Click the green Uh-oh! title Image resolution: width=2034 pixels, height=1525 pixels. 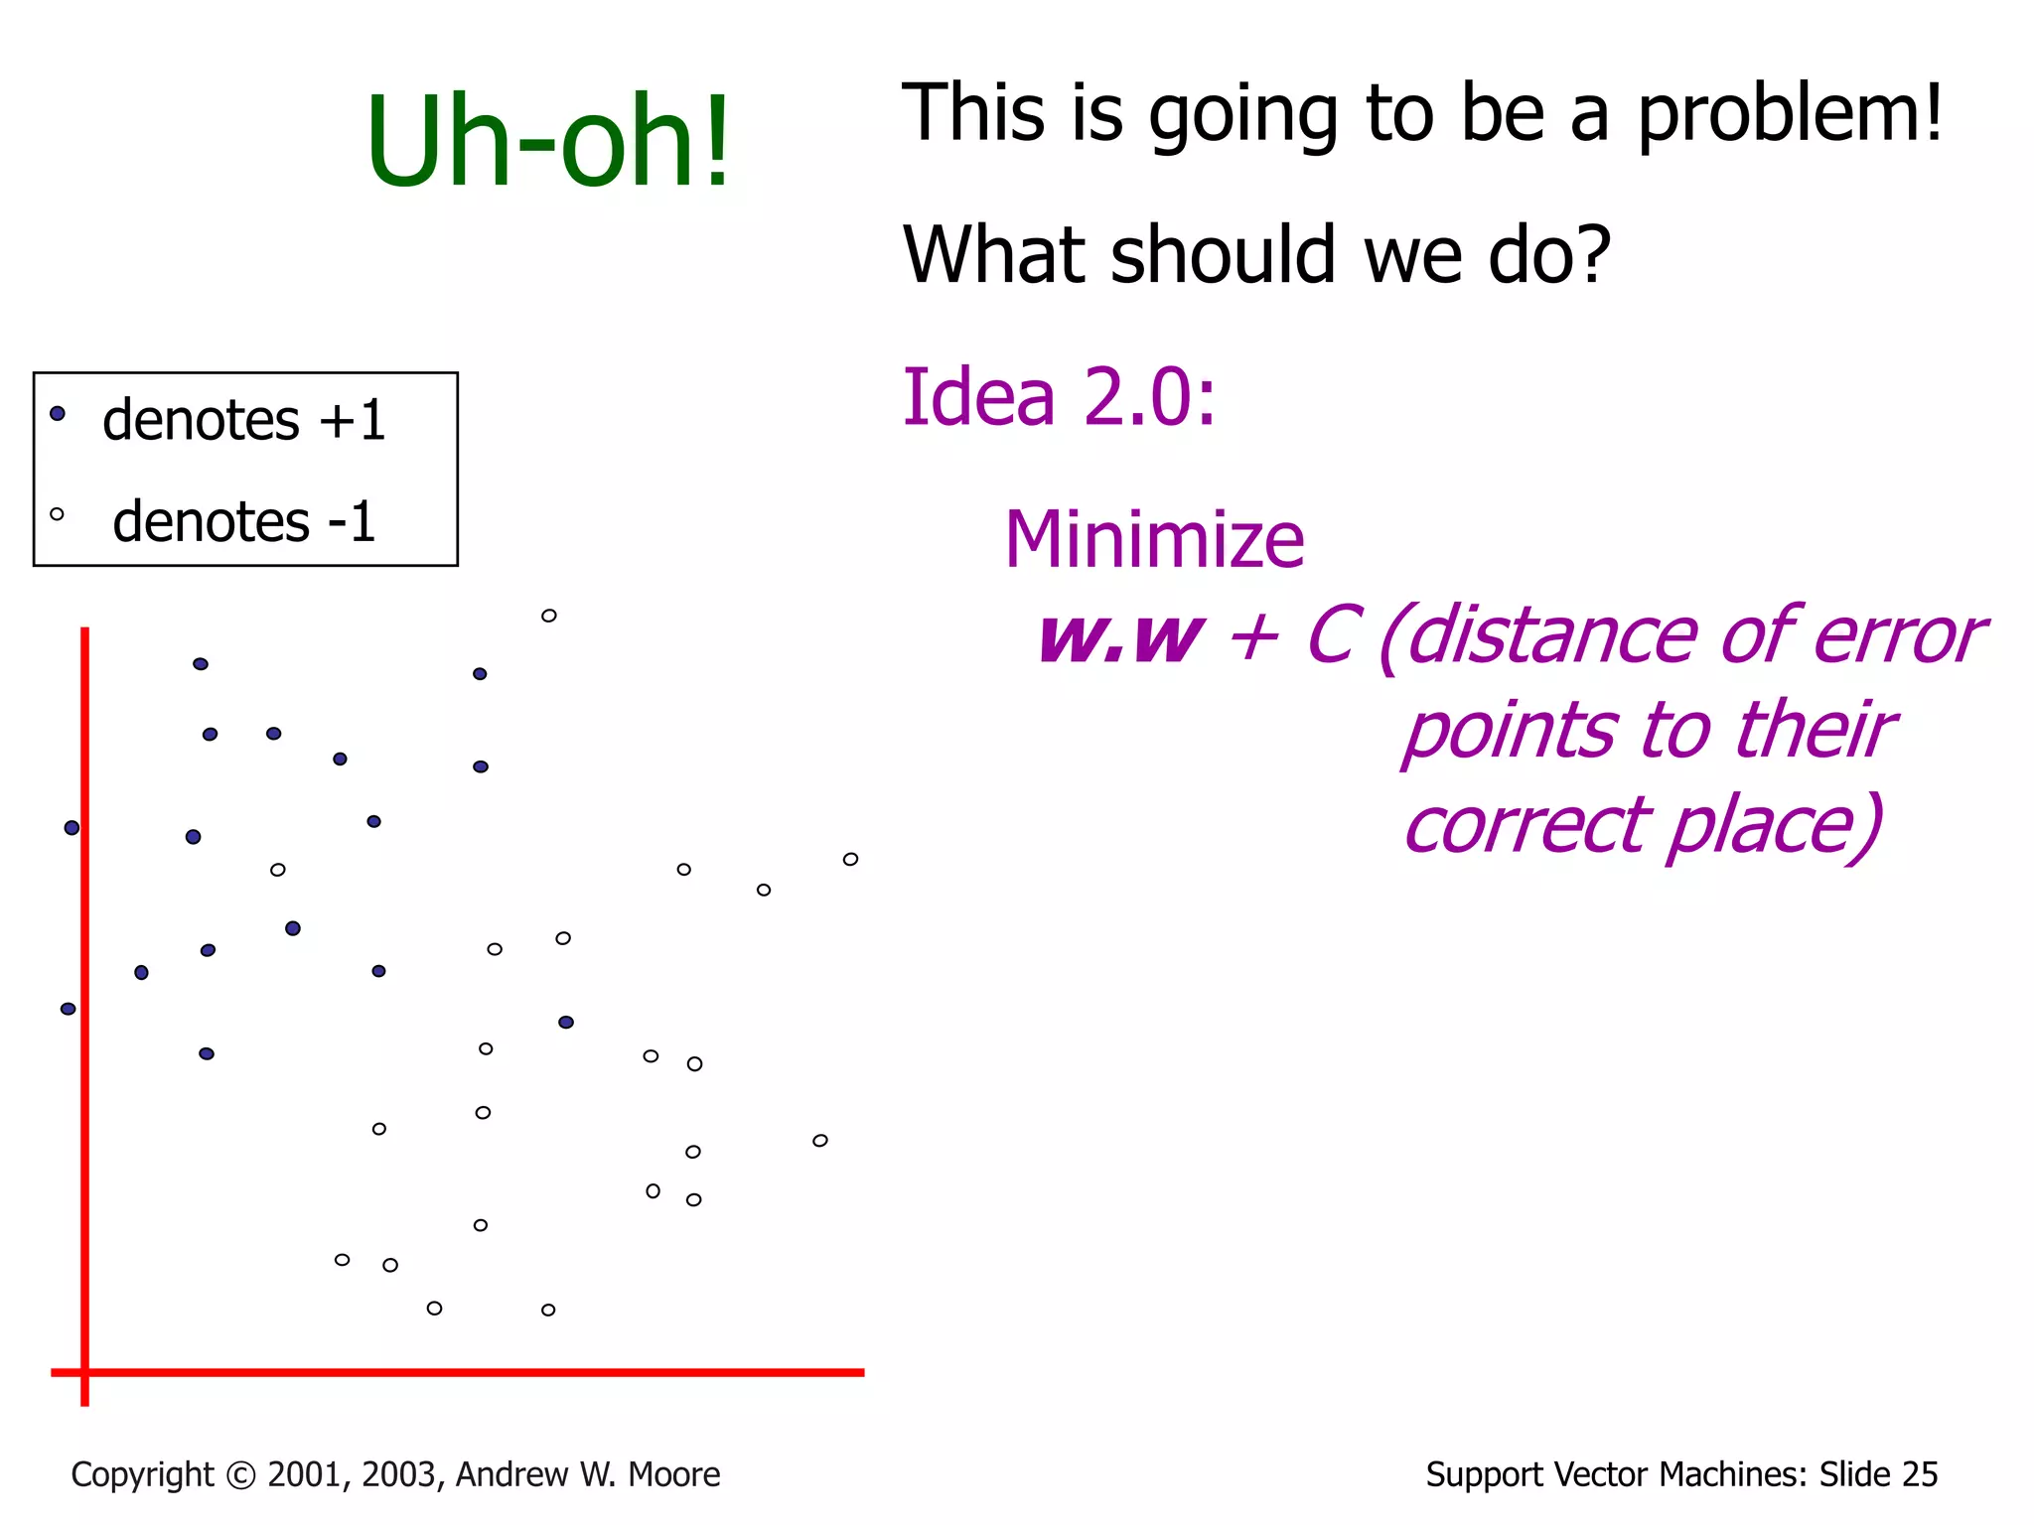click(x=548, y=141)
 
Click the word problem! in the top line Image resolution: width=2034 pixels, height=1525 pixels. click(x=1789, y=113)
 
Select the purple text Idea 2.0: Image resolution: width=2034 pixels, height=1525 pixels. click(x=1059, y=397)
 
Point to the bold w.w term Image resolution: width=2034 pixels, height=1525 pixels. click(x=1119, y=636)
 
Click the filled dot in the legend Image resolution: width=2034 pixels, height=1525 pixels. click(x=58, y=413)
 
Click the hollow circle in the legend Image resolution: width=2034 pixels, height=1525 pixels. click(x=57, y=514)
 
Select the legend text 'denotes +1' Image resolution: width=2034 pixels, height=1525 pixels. click(x=243, y=419)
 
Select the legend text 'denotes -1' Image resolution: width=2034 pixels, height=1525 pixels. click(x=243, y=521)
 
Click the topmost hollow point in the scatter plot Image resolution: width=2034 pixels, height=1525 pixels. click(x=548, y=616)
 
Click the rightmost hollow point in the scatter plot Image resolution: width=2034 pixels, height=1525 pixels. click(x=850, y=859)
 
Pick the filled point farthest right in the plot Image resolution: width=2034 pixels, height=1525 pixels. click(x=566, y=1022)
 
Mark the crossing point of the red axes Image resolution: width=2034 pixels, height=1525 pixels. click(x=85, y=1372)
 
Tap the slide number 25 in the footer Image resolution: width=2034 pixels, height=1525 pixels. click(x=1919, y=1474)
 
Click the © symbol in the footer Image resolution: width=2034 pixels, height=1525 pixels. click(x=240, y=1475)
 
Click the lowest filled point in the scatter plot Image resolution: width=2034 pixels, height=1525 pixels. click(x=207, y=1053)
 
